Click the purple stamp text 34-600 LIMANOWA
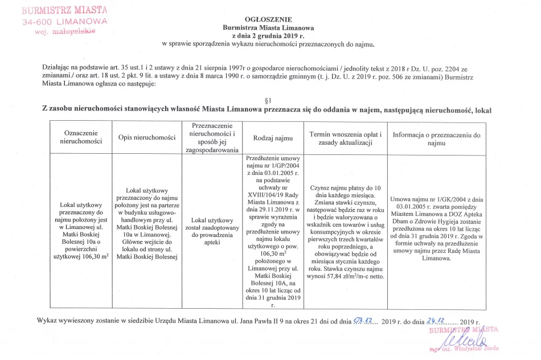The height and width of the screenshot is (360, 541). [x=65, y=21]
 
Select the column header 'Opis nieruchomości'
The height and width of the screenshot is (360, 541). [x=147, y=138]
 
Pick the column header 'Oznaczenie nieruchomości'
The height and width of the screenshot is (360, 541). [x=80, y=137]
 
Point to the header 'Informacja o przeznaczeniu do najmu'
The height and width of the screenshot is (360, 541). [x=436, y=139]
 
